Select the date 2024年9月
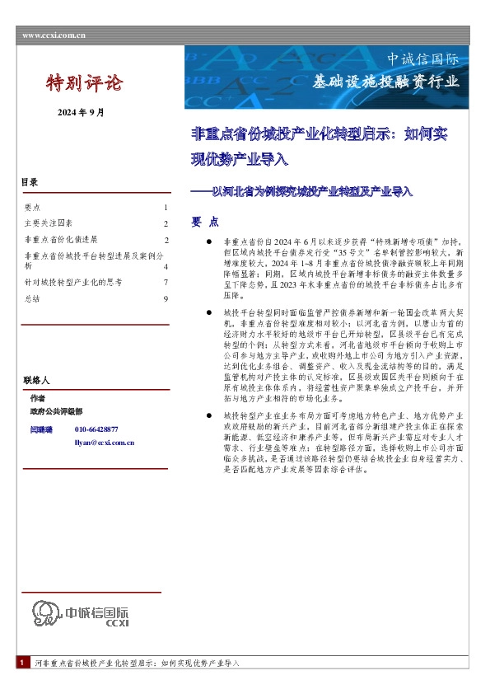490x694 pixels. pos(81,112)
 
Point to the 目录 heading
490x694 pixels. pos(29,181)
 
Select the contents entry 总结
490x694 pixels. pos(32,298)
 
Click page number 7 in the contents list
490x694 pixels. pos(166,283)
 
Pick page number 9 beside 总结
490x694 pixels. pos(166,298)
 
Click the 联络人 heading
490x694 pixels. pos(37,381)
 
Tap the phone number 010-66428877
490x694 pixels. pos(96,429)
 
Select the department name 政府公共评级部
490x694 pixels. pos(56,410)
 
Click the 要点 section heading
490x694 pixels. pos(205,222)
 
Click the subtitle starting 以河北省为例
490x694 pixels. pos(301,191)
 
